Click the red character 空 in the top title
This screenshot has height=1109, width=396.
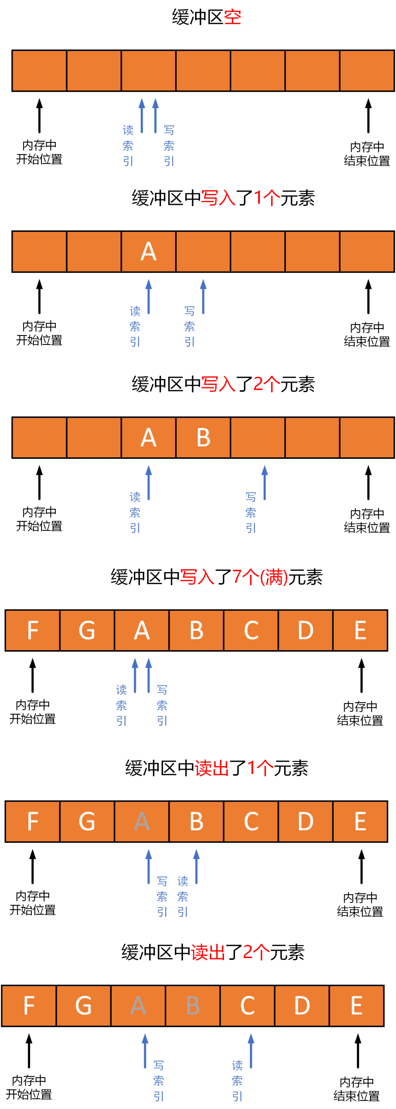(x=232, y=17)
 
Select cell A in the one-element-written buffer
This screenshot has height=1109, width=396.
(x=148, y=252)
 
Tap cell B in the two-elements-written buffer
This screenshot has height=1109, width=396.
(x=203, y=438)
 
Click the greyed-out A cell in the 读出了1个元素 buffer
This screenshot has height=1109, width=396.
(x=142, y=821)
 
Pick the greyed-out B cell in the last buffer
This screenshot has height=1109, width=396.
(x=193, y=1005)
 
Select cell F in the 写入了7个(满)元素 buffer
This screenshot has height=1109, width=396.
(x=33, y=630)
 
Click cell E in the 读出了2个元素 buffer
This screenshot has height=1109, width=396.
(x=356, y=1005)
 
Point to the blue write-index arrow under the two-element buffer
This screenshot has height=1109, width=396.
(x=265, y=482)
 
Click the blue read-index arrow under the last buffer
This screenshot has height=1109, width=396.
(x=251, y=1050)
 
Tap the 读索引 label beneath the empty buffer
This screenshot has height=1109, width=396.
(x=128, y=146)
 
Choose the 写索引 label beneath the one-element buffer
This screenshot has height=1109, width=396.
(x=190, y=326)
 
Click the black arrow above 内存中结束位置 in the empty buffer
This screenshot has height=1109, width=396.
(x=368, y=116)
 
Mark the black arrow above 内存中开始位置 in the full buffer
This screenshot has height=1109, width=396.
(x=33, y=675)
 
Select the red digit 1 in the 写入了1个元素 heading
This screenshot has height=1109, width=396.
(x=258, y=198)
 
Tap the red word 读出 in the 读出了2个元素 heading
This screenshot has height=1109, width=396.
(x=208, y=952)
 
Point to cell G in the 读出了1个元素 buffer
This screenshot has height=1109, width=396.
(x=87, y=821)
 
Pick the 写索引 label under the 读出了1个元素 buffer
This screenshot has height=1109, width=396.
(x=162, y=896)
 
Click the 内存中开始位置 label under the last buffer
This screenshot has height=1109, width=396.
(x=29, y=1087)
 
